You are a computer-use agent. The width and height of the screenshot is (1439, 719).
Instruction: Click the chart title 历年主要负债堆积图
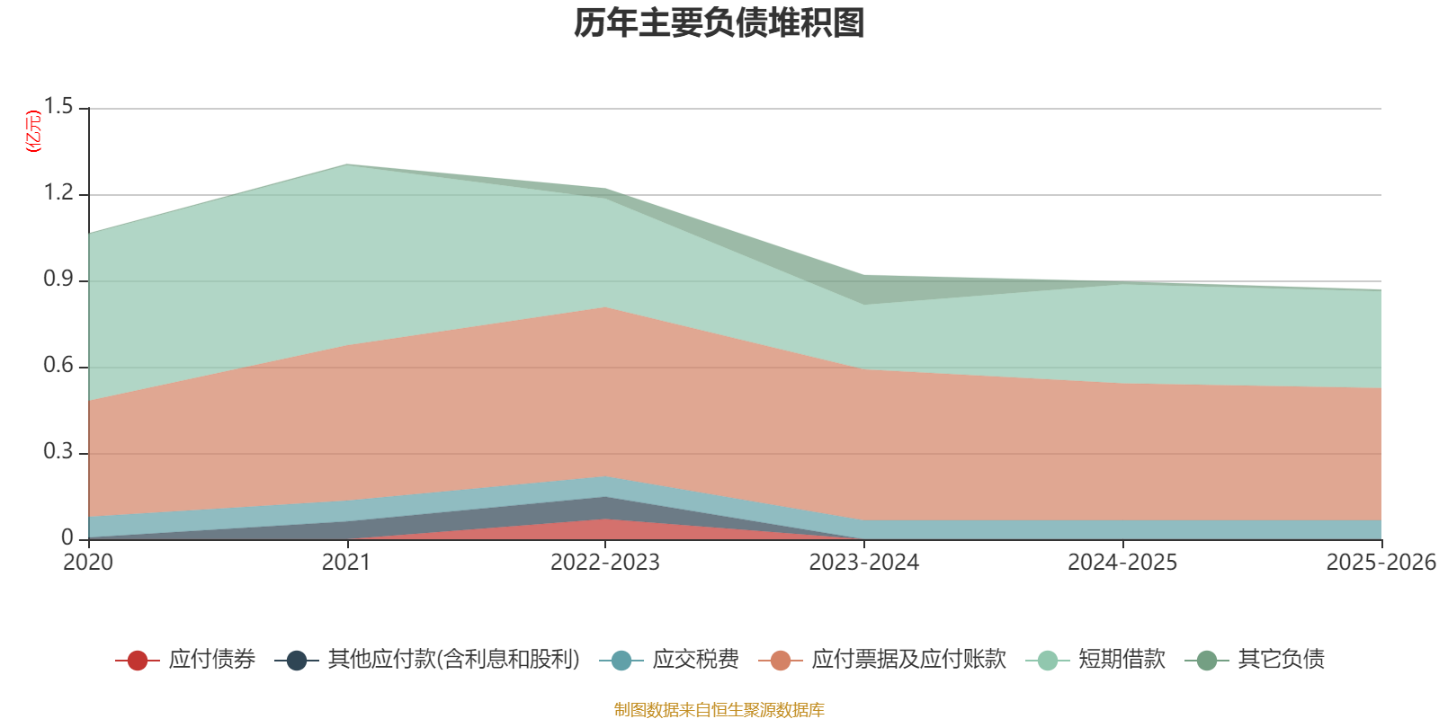(x=719, y=23)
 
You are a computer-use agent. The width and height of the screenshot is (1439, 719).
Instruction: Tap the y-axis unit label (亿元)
(x=32, y=131)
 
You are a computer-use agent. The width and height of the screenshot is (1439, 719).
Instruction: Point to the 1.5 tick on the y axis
(x=58, y=107)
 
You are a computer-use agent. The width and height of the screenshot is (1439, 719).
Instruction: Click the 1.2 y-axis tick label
(x=58, y=192)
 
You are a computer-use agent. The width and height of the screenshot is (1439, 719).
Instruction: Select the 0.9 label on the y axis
(x=58, y=280)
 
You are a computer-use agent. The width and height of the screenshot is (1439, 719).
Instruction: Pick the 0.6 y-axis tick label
(x=58, y=365)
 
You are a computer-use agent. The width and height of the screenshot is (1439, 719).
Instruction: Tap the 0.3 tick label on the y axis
(x=58, y=452)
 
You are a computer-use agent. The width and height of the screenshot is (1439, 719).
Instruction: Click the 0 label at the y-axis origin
(x=67, y=538)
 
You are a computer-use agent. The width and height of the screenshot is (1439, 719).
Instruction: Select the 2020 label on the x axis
(x=88, y=563)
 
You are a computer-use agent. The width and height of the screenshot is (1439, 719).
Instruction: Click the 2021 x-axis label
(x=346, y=563)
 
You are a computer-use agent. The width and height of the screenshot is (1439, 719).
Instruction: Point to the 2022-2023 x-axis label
(x=605, y=563)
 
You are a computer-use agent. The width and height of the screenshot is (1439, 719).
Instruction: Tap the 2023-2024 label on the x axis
(x=864, y=563)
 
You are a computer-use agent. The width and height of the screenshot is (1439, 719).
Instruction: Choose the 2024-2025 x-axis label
(x=1122, y=563)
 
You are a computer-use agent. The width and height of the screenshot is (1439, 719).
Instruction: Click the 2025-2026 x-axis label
(x=1381, y=563)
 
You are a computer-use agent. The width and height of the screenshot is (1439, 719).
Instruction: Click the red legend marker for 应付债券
(x=138, y=660)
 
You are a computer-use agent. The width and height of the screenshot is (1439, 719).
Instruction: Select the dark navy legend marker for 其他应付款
(x=296, y=660)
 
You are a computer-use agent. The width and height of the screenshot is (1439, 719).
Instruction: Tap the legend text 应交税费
(x=696, y=660)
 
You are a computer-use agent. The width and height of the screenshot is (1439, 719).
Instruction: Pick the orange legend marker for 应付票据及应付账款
(x=781, y=660)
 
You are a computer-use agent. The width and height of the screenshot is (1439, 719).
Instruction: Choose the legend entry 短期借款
(x=1095, y=660)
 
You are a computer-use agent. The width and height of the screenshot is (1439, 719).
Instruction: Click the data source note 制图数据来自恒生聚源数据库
(x=719, y=709)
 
